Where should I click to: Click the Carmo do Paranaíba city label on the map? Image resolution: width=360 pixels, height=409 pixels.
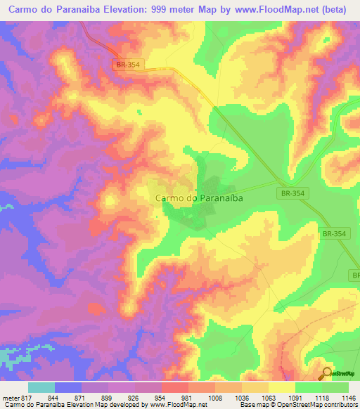tap(199, 199)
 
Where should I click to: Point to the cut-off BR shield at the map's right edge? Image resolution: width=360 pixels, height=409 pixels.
tap(355, 275)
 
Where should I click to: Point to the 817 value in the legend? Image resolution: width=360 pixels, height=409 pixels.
tap(27, 398)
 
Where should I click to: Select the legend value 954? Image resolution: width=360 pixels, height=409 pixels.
tap(160, 398)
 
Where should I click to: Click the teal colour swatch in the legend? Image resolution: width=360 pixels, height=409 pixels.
tap(41, 387)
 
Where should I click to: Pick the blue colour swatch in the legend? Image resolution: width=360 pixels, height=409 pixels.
tap(68, 387)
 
